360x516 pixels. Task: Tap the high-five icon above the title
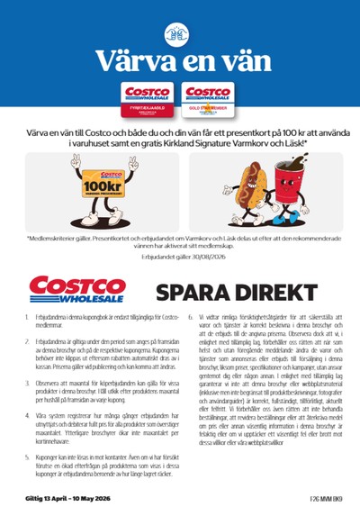click(x=180, y=33)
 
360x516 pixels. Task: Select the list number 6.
click(x=189, y=319)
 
